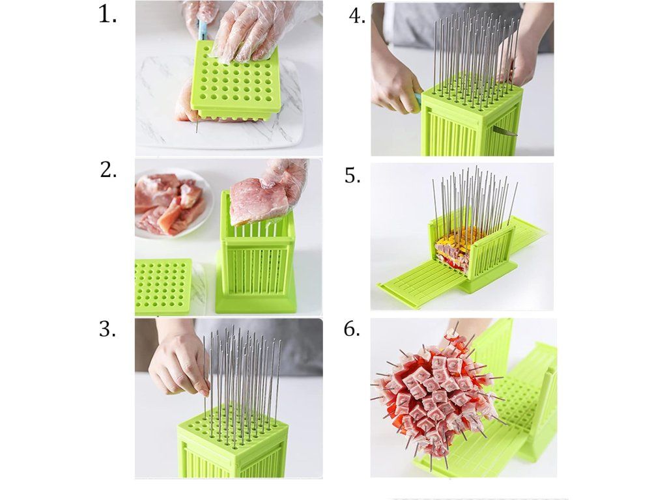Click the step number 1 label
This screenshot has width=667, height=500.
[107, 15]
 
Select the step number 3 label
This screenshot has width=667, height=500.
[107, 329]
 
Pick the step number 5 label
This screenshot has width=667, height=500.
[352, 175]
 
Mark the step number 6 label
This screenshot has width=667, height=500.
[352, 329]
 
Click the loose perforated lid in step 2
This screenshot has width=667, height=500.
[163, 286]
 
